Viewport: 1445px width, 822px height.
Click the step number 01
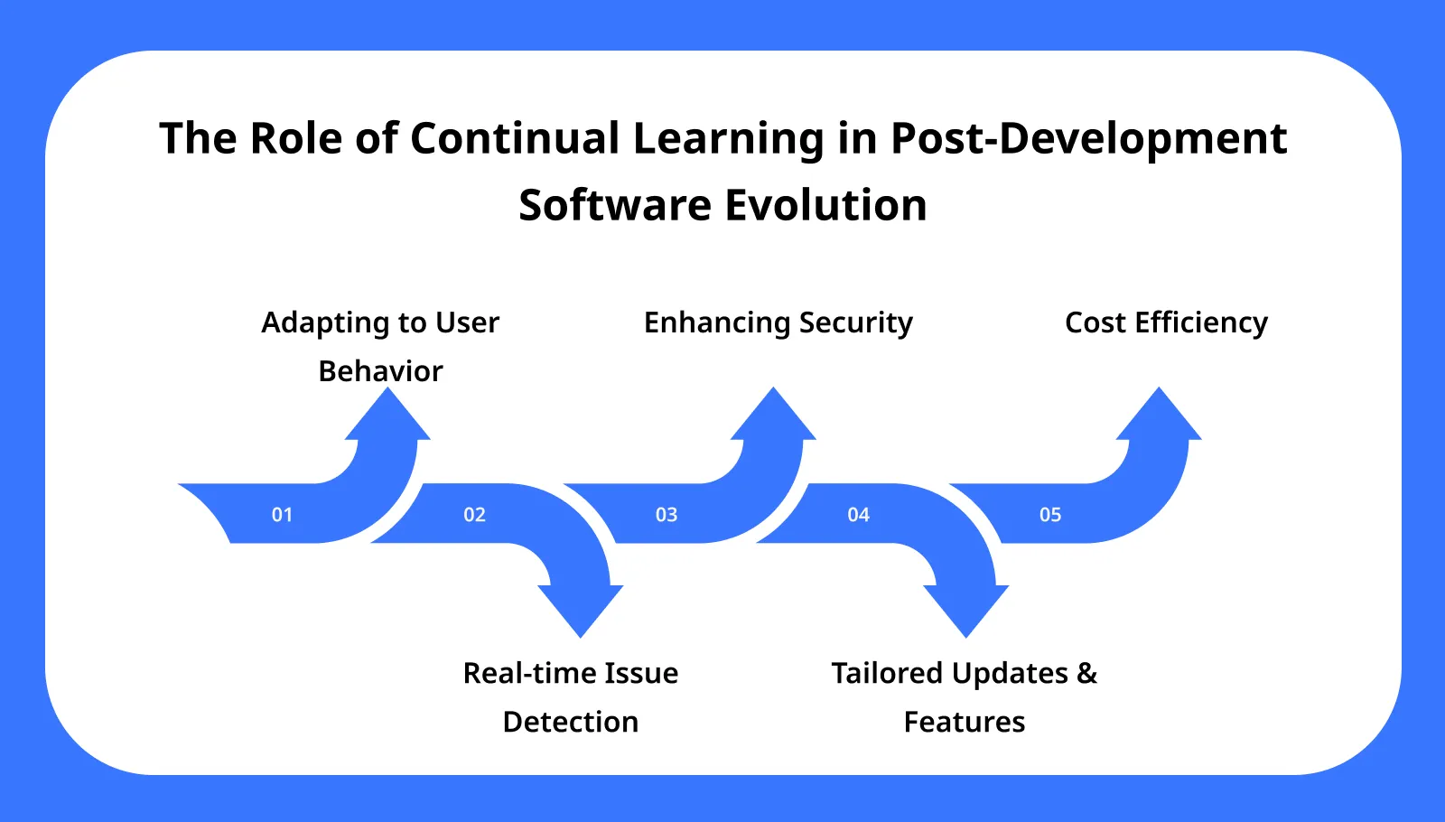coord(282,515)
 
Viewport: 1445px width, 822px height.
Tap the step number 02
coord(474,515)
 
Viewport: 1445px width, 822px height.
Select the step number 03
coord(667,515)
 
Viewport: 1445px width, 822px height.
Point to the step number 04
coord(858,515)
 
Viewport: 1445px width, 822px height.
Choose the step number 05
coord(1050,515)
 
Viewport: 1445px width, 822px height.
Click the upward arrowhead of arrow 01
coord(388,417)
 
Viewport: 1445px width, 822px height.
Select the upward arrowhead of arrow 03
coord(774,417)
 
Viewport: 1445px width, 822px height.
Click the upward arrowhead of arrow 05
coord(1159,417)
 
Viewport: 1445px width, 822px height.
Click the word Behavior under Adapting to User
coord(380,371)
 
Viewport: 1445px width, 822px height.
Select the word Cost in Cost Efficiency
coord(1095,322)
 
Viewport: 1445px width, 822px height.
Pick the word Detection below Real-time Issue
coord(570,722)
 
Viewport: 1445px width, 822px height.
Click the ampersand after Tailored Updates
coord(1087,673)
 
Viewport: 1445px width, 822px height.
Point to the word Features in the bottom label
coord(964,722)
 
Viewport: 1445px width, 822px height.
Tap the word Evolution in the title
coord(825,205)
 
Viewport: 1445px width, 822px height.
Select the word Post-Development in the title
coord(1088,138)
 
